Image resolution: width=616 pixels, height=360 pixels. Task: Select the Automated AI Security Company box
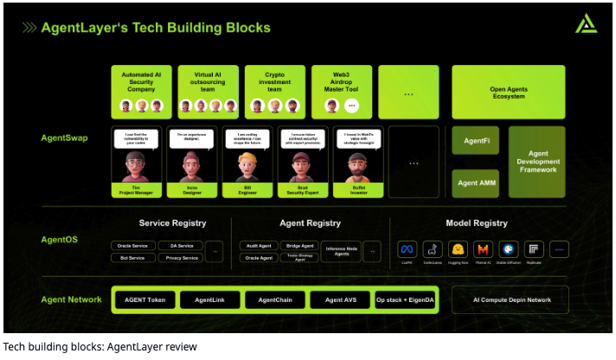[x=142, y=92]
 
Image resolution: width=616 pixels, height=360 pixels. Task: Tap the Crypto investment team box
[x=274, y=92]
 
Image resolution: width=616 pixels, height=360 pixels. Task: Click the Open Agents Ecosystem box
[x=508, y=92]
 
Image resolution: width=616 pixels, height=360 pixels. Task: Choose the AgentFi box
[x=475, y=140]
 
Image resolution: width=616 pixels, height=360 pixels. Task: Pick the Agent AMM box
[x=475, y=183]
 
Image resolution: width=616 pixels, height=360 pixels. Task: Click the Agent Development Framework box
[x=536, y=162]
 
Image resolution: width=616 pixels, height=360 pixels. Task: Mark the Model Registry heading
[x=476, y=223]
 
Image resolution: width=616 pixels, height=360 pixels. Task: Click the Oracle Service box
[x=133, y=245]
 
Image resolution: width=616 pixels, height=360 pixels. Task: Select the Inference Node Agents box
[x=341, y=251]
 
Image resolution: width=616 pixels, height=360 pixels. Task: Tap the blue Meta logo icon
[x=407, y=249]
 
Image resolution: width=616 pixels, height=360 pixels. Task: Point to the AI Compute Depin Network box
[x=512, y=299]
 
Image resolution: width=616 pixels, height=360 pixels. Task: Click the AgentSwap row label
[x=65, y=138]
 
